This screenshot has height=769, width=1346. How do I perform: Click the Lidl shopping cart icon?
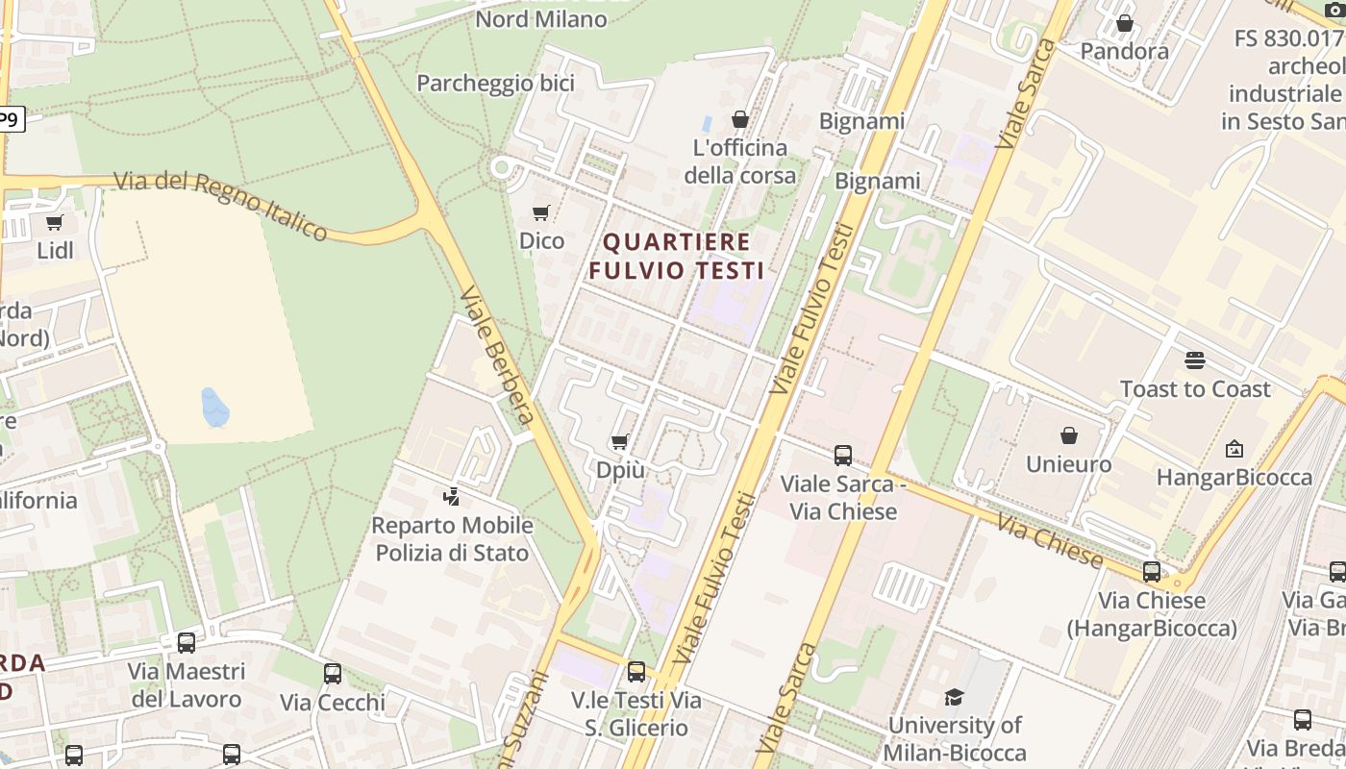[54, 223]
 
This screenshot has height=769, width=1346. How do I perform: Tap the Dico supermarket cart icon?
[541, 212]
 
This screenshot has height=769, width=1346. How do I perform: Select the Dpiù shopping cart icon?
[620, 442]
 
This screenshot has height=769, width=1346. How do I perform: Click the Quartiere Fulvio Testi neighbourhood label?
[677, 256]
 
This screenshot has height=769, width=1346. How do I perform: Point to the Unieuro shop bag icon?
[1068, 436]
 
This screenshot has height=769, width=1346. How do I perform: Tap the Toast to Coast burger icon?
[1195, 360]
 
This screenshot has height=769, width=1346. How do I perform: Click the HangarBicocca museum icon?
[1234, 449]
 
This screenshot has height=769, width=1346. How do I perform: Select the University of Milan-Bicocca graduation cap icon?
[954, 697]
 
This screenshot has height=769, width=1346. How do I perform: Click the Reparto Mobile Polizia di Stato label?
[452, 539]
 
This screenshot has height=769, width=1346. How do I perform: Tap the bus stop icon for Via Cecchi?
[333, 674]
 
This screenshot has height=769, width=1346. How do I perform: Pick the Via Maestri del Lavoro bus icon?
[187, 642]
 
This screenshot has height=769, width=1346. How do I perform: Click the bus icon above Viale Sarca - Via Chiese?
[843, 455]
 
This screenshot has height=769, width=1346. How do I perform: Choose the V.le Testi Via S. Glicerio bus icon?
[636, 671]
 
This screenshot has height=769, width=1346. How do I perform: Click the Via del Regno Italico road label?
[221, 205]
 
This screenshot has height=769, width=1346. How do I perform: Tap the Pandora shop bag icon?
[1124, 23]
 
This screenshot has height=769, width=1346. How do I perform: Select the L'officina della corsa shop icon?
[740, 119]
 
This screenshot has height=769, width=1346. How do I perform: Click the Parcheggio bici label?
[495, 84]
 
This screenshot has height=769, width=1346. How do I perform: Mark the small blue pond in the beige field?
[214, 408]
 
